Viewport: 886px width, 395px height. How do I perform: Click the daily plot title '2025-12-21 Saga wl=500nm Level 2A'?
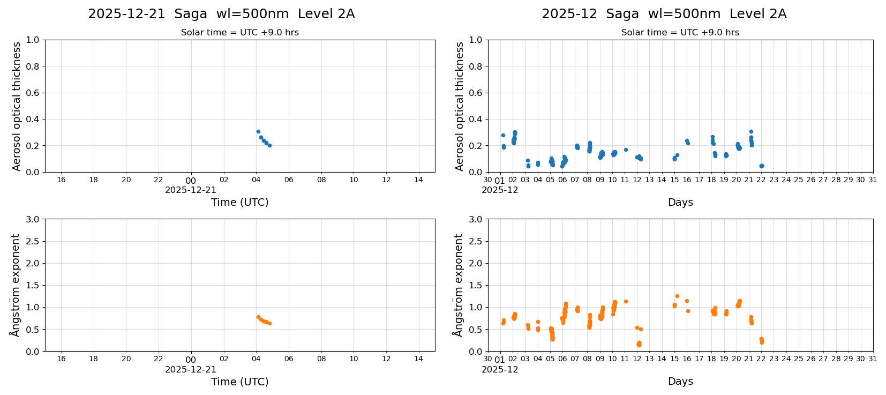tap(221, 14)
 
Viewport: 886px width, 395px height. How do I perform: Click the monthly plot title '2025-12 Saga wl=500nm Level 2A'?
tap(664, 14)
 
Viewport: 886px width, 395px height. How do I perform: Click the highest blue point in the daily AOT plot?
tap(258, 131)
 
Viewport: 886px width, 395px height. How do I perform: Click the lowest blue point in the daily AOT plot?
tap(269, 145)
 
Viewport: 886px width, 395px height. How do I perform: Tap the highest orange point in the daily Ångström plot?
tap(258, 317)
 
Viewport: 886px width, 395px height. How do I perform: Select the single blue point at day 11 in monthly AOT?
tap(626, 150)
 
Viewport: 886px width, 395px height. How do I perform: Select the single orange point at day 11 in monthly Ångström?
tap(626, 301)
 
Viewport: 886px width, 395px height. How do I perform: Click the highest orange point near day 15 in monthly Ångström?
tap(677, 296)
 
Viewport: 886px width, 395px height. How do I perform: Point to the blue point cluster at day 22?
tap(761, 166)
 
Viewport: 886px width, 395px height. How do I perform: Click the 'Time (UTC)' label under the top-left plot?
tap(239, 202)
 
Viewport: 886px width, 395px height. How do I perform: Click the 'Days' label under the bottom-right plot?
tap(680, 381)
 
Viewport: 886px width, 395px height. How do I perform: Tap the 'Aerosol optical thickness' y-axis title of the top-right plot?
tap(460, 106)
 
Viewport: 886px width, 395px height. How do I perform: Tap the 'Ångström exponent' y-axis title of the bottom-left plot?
tap(16, 285)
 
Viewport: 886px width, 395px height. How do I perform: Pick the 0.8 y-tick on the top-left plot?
tap(33, 66)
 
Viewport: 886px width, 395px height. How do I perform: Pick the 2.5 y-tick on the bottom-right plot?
tap(476, 241)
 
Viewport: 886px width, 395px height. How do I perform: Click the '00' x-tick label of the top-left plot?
tap(191, 181)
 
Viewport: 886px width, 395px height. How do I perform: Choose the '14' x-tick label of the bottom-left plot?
tap(418, 359)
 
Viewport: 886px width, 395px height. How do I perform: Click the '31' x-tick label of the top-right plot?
tap(873, 180)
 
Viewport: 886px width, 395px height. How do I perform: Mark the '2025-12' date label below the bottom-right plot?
tap(500, 369)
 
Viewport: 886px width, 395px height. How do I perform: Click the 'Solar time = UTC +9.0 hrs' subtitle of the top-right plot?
tap(680, 32)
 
